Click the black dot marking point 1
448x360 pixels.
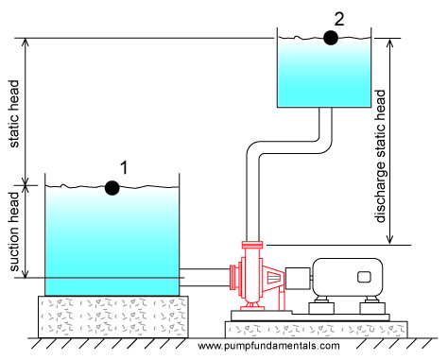[112, 188]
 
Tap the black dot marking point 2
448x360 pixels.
[331, 38]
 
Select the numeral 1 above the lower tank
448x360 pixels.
[125, 167]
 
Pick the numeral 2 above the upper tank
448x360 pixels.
[339, 19]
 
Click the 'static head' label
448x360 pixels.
[14, 113]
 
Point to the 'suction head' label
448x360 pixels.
[14, 231]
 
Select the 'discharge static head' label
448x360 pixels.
[380, 156]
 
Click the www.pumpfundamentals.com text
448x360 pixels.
[268, 346]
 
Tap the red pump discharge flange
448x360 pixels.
[252, 245]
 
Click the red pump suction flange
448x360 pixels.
[233, 277]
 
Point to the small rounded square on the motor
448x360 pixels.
[364, 277]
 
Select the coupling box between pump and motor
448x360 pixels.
[298, 279]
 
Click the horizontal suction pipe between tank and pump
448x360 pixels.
[205, 278]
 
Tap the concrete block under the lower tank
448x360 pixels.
[113, 317]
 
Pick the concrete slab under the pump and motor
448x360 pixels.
[317, 330]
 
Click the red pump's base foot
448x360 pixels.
[252, 306]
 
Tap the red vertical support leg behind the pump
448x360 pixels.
[282, 299]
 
